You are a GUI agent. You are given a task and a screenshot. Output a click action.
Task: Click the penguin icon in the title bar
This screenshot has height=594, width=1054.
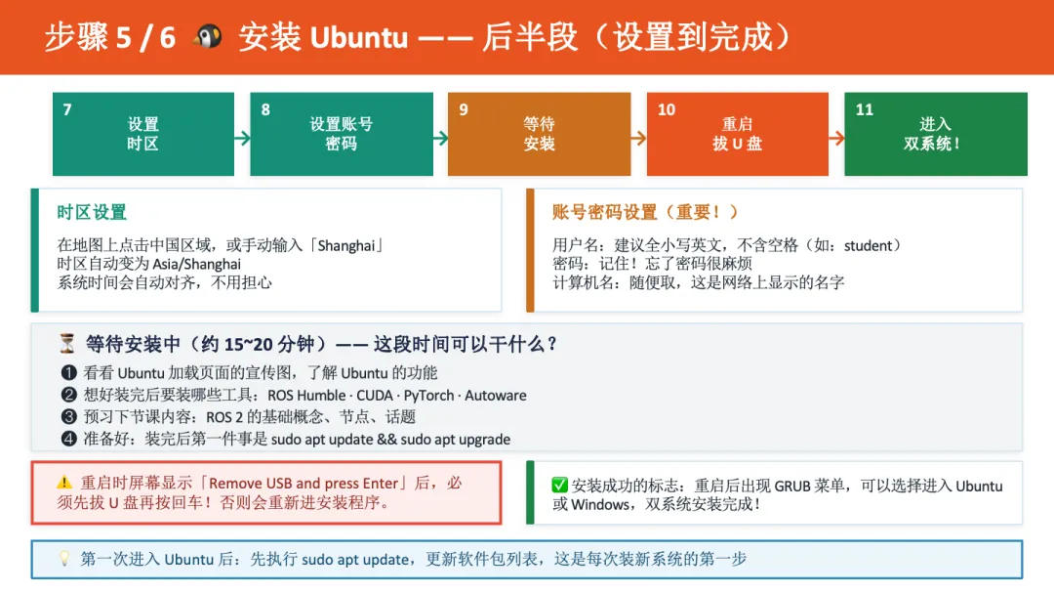[x=207, y=37]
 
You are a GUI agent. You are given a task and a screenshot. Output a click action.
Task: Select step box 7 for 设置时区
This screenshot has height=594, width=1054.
[x=142, y=134]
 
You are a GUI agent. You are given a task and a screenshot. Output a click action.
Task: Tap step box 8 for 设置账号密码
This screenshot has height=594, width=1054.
[x=341, y=134]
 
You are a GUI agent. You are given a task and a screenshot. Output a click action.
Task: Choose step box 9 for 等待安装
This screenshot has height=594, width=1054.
[x=539, y=134]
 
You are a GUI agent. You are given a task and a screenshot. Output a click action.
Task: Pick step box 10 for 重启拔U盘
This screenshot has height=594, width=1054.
[x=737, y=134]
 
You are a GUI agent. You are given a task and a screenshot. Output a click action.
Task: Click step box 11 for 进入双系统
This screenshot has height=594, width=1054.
[x=935, y=134]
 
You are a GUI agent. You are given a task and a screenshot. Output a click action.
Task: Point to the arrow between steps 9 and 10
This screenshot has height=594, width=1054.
[x=637, y=138]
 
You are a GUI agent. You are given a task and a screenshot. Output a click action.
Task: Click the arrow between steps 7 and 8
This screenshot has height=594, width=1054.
[x=242, y=138]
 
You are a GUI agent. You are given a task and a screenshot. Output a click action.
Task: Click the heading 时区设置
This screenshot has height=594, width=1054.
[x=92, y=212]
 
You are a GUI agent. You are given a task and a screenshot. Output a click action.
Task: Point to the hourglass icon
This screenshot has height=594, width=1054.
[x=67, y=344]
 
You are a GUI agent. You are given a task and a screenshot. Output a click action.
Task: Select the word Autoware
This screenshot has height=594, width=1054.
[x=496, y=396]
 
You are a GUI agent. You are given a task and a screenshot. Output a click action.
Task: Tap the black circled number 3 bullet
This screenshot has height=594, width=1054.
[x=68, y=417]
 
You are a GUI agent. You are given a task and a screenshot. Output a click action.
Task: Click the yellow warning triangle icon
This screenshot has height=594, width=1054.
[x=64, y=483]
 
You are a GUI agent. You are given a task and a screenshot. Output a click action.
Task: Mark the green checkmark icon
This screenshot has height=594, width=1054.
[x=560, y=486]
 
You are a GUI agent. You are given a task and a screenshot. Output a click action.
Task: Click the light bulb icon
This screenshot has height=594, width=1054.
[x=64, y=559]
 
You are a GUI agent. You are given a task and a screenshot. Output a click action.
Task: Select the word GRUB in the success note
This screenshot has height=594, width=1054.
[x=793, y=486]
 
